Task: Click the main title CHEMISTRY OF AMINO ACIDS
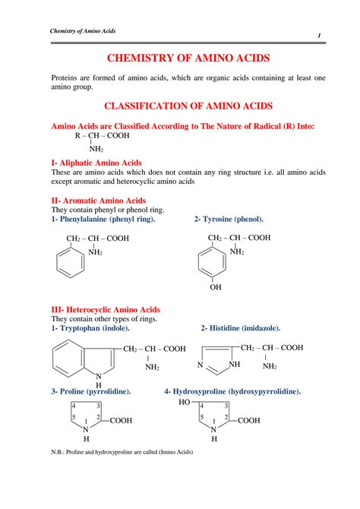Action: tap(180, 58)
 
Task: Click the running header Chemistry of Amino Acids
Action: tap(83, 30)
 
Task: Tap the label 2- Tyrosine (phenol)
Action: tap(229, 219)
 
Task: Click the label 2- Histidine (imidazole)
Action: tap(241, 328)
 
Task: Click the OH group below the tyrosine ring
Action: tap(216, 288)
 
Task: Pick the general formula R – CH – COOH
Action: tap(103, 136)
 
